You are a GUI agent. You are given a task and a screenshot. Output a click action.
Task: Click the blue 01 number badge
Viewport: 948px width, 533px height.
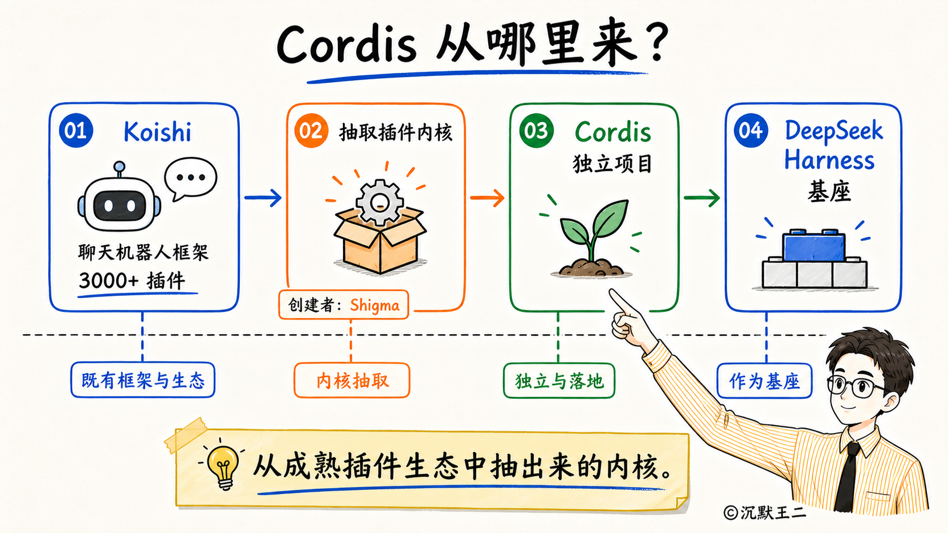(76, 130)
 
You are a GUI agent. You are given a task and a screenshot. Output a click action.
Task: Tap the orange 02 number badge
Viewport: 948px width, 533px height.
(311, 130)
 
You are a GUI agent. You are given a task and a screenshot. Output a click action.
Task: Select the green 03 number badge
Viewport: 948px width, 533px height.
(536, 130)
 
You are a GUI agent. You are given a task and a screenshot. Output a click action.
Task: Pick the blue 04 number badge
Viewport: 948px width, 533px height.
(751, 130)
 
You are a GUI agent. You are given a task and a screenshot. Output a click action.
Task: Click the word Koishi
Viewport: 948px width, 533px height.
(158, 131)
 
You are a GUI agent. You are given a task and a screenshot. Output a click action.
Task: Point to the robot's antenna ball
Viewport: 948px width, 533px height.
(119, 166)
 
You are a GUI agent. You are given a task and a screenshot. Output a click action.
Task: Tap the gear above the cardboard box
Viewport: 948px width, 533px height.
(379, 202)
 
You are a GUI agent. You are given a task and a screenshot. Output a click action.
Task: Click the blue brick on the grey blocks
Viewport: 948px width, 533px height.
(814, 245)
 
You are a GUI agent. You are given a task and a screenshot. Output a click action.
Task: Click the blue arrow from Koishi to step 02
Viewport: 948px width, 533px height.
(263, 197)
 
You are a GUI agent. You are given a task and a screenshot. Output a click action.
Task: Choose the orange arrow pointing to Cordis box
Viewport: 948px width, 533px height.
(487, 197)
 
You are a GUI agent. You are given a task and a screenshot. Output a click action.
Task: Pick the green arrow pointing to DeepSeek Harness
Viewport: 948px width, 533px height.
(702, 197)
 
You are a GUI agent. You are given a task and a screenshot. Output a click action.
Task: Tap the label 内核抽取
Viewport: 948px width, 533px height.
(352, 381)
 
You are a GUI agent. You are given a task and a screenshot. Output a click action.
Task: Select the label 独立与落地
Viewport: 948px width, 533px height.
(559, 381)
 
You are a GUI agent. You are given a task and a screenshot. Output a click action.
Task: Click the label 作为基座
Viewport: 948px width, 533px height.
(764, 381)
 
